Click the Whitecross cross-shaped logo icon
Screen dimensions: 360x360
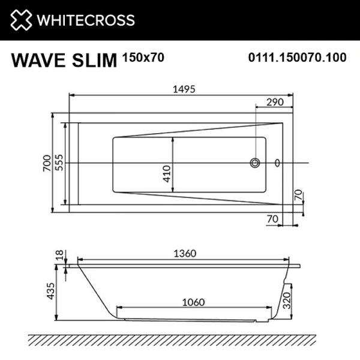click(x=20, y=20)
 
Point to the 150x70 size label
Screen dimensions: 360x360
click(x=142, y=58)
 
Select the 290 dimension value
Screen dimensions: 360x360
click(x=274, y=103)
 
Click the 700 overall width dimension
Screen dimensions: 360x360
click(x=46, y=163)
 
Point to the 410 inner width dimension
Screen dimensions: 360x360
click(x=167, y=173)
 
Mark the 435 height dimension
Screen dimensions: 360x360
click(x=50, y=292)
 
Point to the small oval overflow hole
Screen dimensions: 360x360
click(x=277, y=163)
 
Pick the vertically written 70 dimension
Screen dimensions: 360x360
click(x=298, y=196)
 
